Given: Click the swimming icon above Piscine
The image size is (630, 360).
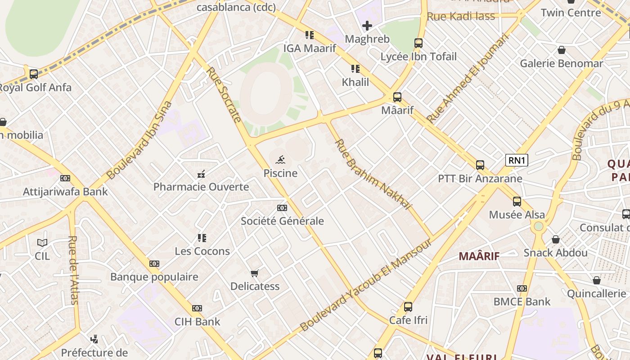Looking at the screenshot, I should tap(281, 159).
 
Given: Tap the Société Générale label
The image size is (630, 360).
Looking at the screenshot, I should tap(282, 221).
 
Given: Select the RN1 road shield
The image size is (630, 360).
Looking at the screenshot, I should tap(517, 160).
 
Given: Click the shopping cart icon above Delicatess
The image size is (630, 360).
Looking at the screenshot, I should tap(255, 273).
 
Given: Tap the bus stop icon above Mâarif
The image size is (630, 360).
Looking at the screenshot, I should tap(397, 97).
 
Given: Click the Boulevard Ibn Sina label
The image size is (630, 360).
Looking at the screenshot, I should tap(139, 140).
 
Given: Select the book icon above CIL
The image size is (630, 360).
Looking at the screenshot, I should tap(42, 243).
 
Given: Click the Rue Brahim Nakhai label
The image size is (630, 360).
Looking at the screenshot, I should tap(373, 175).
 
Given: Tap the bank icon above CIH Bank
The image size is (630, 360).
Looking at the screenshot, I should tap(197, 308).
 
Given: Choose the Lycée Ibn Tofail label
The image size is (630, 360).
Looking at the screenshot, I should tap(418, 57).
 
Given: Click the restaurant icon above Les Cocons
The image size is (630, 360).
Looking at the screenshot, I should tap(202, 238).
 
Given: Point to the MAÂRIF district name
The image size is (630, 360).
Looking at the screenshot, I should tap(479, 256).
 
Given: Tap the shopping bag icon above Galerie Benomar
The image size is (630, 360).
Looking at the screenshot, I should tap(561, 50).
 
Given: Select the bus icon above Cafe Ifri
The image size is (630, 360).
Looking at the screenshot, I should tap(408, 307).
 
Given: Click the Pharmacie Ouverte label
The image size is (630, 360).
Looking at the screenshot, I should tap(201, 187).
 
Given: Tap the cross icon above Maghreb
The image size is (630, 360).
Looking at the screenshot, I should tap(367, 26).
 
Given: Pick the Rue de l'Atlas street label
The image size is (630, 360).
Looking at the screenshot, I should tap(73, 270).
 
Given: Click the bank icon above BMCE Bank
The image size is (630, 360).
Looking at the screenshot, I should tap(522, 288).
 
